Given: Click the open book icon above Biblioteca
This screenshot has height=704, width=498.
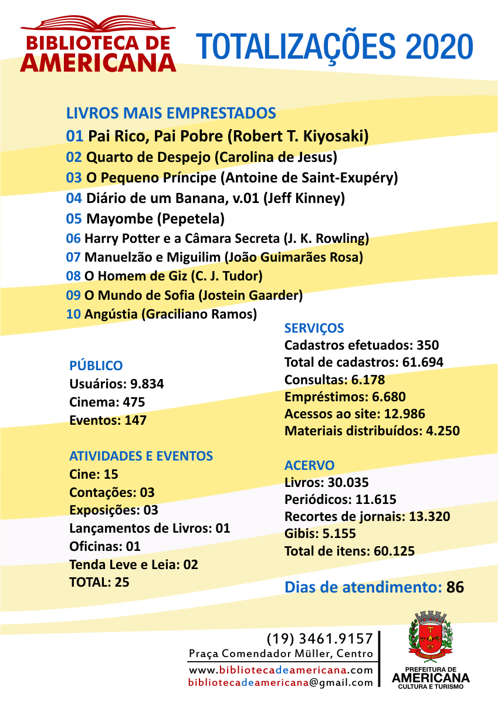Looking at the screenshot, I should coord(98,25).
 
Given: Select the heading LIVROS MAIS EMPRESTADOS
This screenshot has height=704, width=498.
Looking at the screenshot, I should coord(171,113).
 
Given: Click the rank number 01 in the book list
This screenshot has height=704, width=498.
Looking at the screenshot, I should coord(74,137).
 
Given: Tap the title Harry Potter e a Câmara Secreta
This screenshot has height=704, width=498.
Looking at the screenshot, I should coord(182,239).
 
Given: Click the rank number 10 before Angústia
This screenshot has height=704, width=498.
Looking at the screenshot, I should coord(74,314).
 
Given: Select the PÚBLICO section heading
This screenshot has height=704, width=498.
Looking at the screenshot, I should coord(96,365).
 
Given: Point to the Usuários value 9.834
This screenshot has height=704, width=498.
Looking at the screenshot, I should coord(147,384).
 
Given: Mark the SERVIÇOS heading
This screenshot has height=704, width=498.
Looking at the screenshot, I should coord(314,328).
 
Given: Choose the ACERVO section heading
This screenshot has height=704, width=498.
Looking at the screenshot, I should coord(309,466).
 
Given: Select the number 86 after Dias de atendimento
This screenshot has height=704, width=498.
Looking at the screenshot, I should coord(455,587).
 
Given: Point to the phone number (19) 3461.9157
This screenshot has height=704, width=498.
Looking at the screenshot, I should coord(320,638).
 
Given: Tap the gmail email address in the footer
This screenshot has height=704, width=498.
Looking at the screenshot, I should coord(280,683).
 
